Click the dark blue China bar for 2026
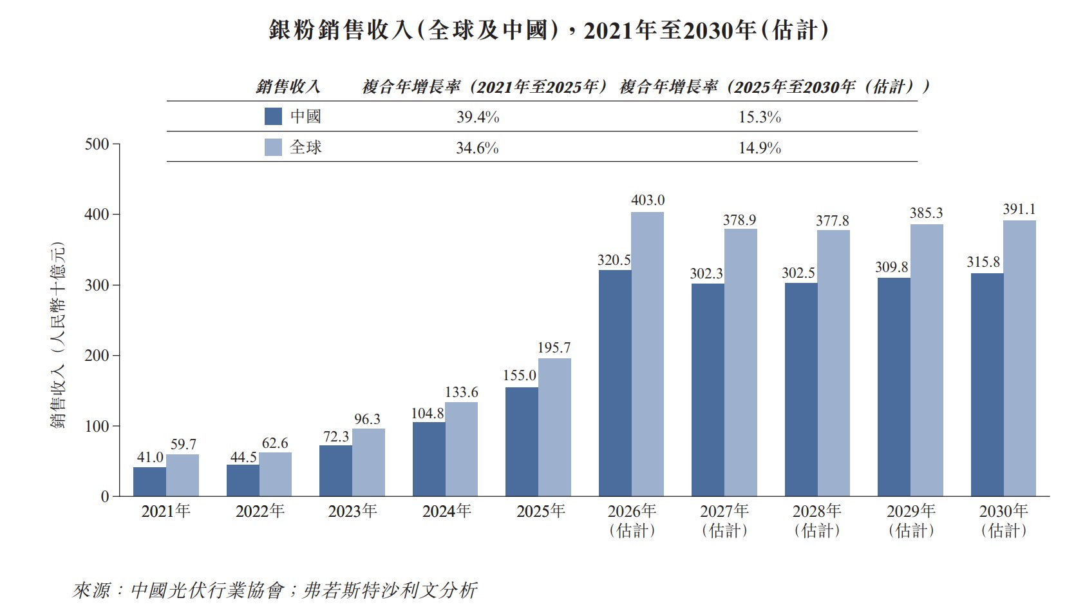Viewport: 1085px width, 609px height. click(x=615, y=383)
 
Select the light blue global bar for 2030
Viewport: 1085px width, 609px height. click(x=1019, y=358)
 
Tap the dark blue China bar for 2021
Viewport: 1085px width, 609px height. click(x=149, y=481)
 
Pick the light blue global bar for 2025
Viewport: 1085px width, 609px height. click(x=554, y=427)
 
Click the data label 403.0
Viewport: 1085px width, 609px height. click(x=648, y=200)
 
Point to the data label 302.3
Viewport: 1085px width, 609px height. click(x=706, y=273)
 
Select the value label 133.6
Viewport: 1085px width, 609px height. click(x=461, y=392)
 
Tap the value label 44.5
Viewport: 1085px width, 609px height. click(x=243, y=457)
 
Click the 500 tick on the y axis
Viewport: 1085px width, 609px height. click(x=97, y=144)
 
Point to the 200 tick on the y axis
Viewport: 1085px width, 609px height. click(x=97, y=356)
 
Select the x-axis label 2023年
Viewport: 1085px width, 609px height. click(x=352, y=511)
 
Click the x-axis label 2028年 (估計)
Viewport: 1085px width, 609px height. click(x=816, y=521)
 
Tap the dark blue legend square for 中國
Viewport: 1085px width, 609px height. click(x=273, y=117)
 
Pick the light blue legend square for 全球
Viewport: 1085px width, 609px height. click(x=273, y=148)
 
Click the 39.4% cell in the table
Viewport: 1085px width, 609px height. click(x=478, y=117)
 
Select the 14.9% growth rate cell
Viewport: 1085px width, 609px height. click(x=760, y=148)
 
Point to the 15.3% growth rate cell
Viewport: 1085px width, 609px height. click(x=760, y=117)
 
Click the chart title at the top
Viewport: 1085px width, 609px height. click(x=549, y=30)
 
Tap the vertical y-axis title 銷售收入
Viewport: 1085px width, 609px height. click(x=57, y=335)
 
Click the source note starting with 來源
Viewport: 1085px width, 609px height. click(x=275, y=590)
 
